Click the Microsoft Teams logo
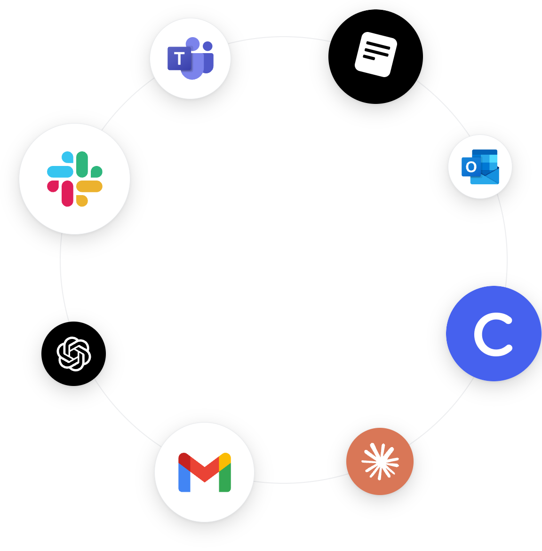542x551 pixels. point(190,58)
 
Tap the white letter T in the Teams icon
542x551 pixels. point(179,58)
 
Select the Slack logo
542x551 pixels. point(74,179)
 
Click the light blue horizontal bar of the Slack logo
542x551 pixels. point(60,172)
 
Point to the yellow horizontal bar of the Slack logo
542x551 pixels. point(89,186)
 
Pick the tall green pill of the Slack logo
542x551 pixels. point(82,165)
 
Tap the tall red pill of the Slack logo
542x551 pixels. point(68,194)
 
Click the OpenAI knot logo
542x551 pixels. point(74,354)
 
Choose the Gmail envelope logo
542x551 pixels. point(204,472)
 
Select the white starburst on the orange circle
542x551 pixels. point(380,461)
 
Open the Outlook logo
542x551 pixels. point(480,166)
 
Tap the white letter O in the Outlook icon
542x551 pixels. point(471,166)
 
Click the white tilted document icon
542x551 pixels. point(375,55)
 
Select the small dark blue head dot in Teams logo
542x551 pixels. point(207,46)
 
